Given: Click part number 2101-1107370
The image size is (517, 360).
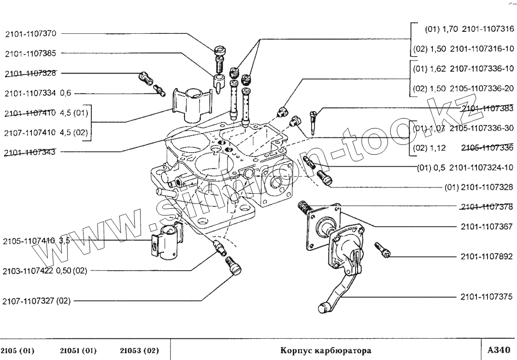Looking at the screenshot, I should (x=31, y=34).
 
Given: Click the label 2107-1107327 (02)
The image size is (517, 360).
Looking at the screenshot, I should (x=37, y=301).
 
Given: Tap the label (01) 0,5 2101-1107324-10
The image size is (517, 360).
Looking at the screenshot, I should (x=465, y=168).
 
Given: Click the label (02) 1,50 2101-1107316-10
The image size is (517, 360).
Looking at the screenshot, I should (x=463, y=49).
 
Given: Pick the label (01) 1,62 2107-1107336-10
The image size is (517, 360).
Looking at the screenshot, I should (x=463, y=69).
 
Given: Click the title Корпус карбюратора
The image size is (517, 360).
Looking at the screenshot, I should (x=326, y=350).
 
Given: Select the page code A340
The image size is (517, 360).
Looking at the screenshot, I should (x=499, y=349).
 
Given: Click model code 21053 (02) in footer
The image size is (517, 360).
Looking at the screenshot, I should (x=139, y=350).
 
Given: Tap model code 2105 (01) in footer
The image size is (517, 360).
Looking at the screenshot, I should (x=18, y=350).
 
